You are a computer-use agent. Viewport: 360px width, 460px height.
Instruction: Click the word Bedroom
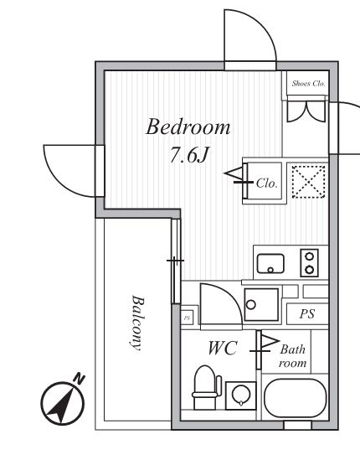pos(188,127)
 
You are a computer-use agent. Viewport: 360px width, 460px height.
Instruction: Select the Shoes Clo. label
pos(307,83)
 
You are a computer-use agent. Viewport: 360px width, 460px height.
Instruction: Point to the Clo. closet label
pos(267,182)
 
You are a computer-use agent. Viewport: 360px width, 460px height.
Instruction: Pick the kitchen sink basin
pos(270,262)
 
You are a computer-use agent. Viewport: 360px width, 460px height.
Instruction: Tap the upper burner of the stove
pos(311,256)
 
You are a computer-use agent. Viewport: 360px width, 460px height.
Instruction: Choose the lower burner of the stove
pos(311,270)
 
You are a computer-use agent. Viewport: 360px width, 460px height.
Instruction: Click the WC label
pos(224,348)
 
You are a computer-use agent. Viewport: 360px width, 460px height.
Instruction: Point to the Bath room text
pos(293,356)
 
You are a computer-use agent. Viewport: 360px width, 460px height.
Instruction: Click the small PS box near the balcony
pos(188,318)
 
